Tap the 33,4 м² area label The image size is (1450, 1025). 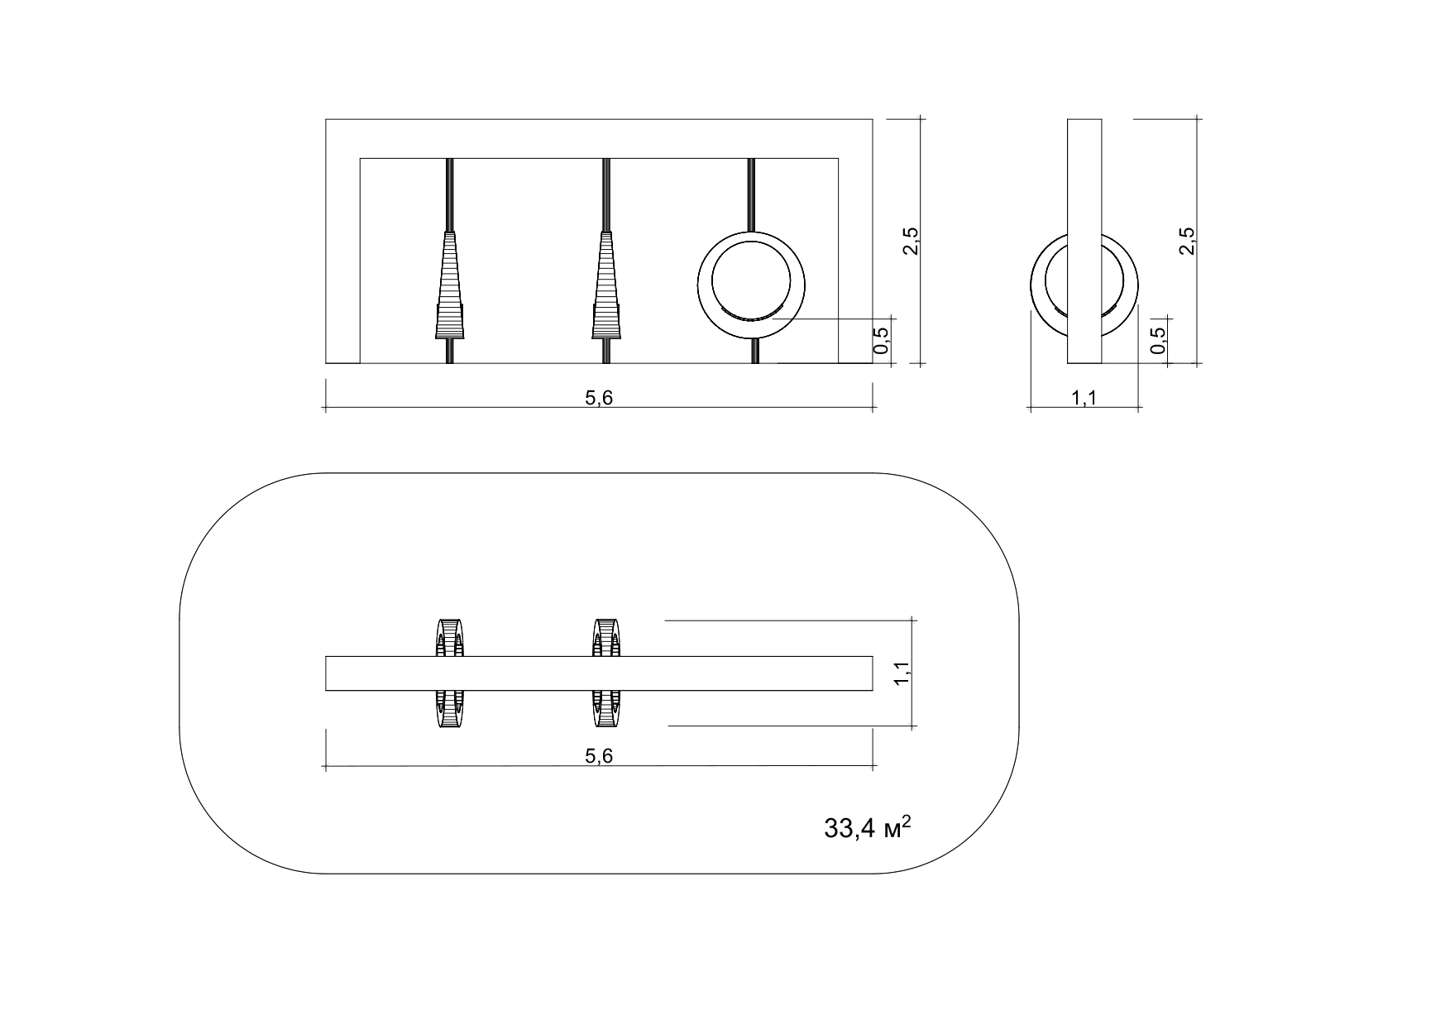coord(868,828)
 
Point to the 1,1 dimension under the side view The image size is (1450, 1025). coord(1084,399)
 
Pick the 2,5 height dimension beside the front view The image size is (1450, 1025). coord(912,241)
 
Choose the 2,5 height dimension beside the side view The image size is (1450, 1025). coord(1187,241)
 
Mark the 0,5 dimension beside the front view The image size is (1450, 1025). coord(882,340)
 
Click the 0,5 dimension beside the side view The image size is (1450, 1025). coord(1158,340)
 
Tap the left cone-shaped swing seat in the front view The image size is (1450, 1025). coord(450,285)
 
